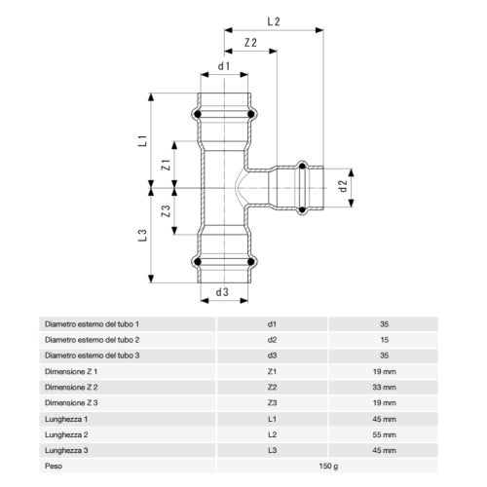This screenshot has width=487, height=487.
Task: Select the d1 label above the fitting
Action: click(223, 67)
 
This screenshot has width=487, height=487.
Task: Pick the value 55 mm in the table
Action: click(384, 433)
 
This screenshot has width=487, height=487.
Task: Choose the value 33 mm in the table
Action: click(384, 386)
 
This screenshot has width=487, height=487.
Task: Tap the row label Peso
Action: click(54, 465)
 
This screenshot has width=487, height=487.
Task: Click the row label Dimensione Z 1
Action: click(71, 370)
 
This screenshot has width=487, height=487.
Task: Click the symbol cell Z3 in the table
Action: click(272, 401)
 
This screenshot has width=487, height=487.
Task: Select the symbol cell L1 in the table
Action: click(272, 418)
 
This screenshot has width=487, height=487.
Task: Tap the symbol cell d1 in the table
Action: click(272, 322)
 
